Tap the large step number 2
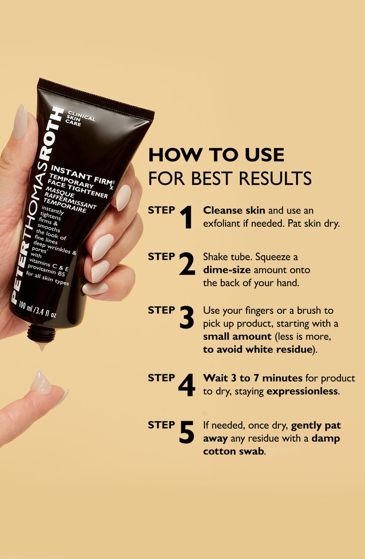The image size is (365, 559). (x=187, y=265)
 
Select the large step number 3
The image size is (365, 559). (x=187, y=317)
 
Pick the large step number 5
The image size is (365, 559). (x=186, y=432)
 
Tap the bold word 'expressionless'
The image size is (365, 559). (x=302, y=391)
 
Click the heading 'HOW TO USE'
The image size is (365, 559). (x=216, y=155)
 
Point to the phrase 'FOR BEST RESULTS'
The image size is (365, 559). (x=230, y=178)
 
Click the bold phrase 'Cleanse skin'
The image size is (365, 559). (x=228, y=210)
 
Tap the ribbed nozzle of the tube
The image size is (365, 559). (x=41, y=333)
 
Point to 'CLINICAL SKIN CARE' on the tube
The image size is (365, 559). (x=80, y=119)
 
